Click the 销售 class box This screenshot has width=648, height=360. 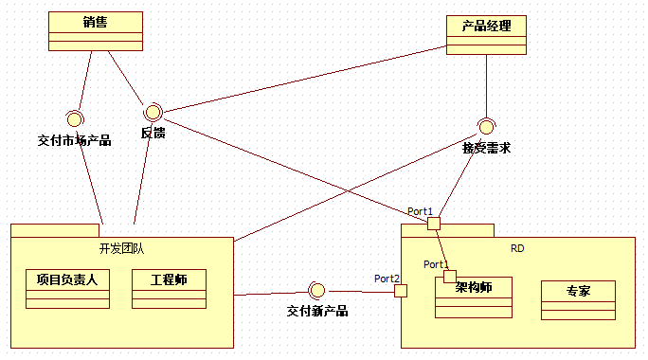(95, 30)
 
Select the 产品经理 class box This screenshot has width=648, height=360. (486, 35)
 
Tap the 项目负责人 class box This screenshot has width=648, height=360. (67, 289)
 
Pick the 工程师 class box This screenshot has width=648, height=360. (169, 289)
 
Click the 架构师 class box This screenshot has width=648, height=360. (474, 297)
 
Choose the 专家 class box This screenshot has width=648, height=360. (578, 299)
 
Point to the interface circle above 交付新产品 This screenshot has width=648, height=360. (317, 290)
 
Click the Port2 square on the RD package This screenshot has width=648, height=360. (401, 290)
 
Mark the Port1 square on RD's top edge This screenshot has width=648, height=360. (434, 223)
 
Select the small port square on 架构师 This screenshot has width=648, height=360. (450, 276)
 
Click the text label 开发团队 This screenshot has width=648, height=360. (121, 248)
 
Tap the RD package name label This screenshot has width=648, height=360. (517, 248)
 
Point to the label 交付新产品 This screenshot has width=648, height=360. (317, 311)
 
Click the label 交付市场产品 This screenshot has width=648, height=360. (74, 140)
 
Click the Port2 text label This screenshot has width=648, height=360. (387, 279)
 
